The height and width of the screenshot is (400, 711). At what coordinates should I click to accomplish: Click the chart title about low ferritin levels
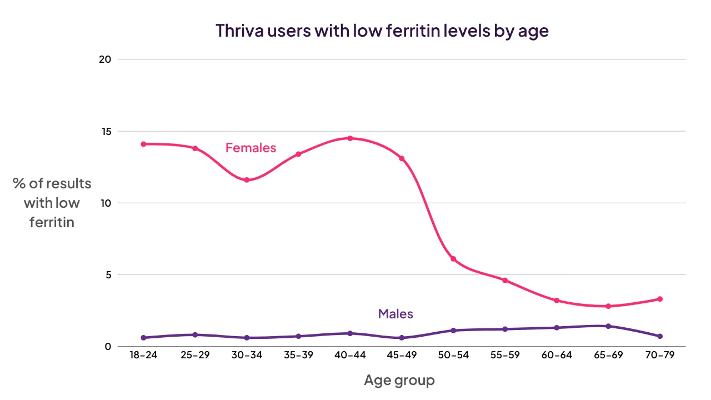click(x=382, y=31)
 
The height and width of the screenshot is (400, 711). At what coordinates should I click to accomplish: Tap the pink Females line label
click(x=251, y=148)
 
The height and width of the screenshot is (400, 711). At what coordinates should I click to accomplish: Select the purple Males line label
click(x=395, y=314)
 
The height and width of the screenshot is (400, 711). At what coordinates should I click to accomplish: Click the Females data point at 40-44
click(x=350, y=138)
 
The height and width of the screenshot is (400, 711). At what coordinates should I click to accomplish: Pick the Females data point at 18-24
click(x=143, y=144)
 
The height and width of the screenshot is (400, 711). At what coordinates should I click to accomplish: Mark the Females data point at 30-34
click(x=247, y=180)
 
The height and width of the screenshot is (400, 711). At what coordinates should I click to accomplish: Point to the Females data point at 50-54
click(x=453, y=259)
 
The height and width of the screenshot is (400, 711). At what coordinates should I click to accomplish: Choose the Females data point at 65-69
click(x=608, y=306)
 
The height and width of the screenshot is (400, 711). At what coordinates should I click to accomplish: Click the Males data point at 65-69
click(x=608, y=326)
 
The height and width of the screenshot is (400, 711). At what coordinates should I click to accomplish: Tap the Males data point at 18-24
click(x=143, y=338)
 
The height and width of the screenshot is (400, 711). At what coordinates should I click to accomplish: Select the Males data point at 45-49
click(x=402, y=338)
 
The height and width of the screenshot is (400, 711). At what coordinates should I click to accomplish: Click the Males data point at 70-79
click(x=660, y=336)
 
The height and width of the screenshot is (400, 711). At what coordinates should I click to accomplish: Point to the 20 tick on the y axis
click(x=105, y=59)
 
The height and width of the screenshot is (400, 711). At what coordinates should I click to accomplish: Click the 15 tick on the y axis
click(x=105, y=132)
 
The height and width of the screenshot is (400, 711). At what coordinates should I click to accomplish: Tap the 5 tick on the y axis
click(x=108, y=275)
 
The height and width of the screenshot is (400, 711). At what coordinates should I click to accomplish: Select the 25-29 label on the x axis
click(x=195, y=356)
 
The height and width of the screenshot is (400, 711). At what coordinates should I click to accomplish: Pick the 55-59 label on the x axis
click(x=505, y=356)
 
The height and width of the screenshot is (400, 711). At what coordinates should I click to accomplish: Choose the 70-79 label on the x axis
click(x=660, y=356)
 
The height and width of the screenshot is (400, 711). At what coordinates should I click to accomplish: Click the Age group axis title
click(x=399, y=381)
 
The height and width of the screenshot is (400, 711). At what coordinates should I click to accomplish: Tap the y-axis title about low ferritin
click(x=52, y=203)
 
